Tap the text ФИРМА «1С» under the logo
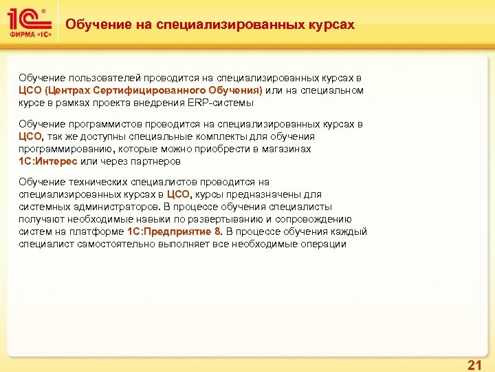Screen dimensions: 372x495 click(29, 34)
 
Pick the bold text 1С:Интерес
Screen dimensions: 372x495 click(47, 161)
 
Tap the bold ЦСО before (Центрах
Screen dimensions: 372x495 click(30, 91)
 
